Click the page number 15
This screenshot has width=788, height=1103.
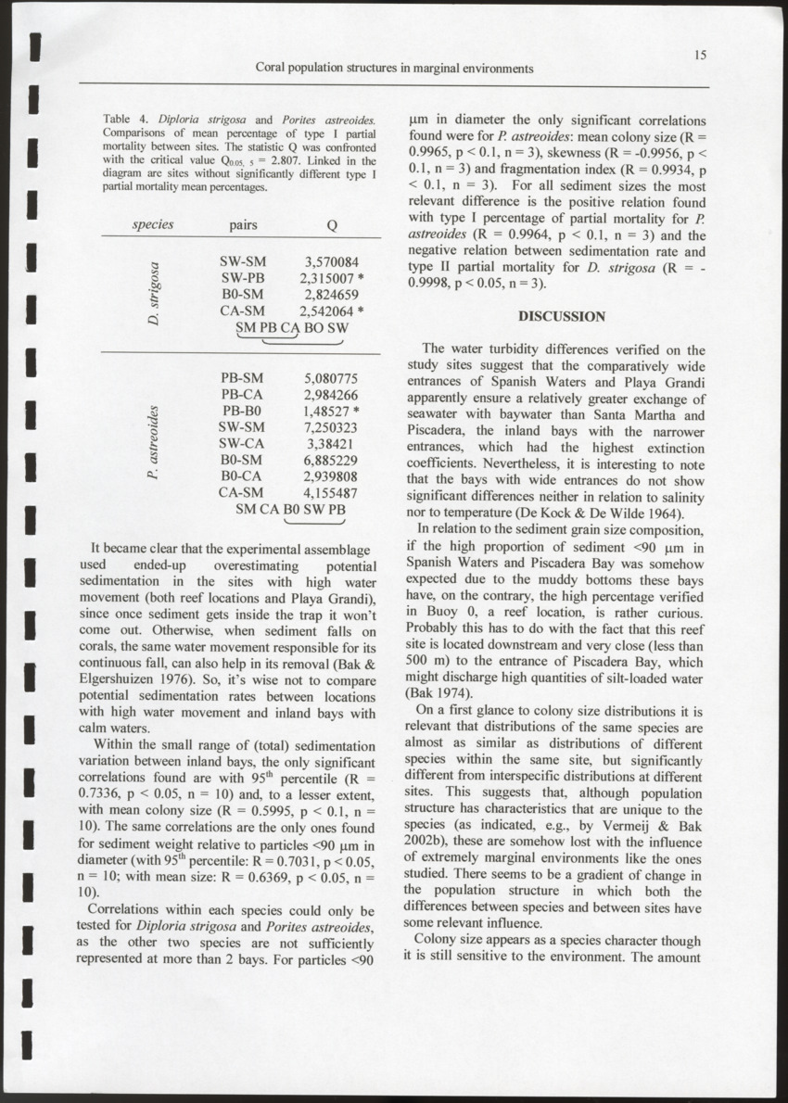point(700,56)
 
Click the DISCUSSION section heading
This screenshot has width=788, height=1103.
point(561,316)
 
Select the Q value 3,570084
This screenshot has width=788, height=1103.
point(331,262)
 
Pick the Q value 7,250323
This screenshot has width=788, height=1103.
point(331,426)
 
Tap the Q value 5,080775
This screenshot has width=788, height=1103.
point(331,378)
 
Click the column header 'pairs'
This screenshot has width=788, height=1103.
point(243,224)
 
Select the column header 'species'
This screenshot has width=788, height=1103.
point(153,224)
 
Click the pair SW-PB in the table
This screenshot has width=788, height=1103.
point(243,278)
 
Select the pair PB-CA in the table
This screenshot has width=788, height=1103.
point(243,394)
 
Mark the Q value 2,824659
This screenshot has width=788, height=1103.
point(331,295)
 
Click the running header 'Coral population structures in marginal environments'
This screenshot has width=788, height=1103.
point(394,69)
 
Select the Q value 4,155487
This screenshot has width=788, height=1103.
point(331,492)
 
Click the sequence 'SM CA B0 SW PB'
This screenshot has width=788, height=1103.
point(290,509)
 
